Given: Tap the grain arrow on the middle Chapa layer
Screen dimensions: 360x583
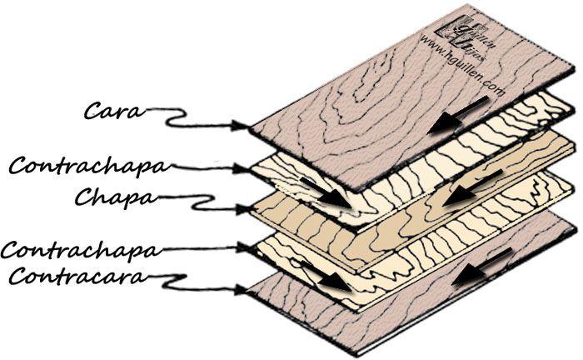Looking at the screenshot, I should tap(461, 188).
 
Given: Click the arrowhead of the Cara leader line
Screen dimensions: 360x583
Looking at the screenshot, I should tap(247, 126).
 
